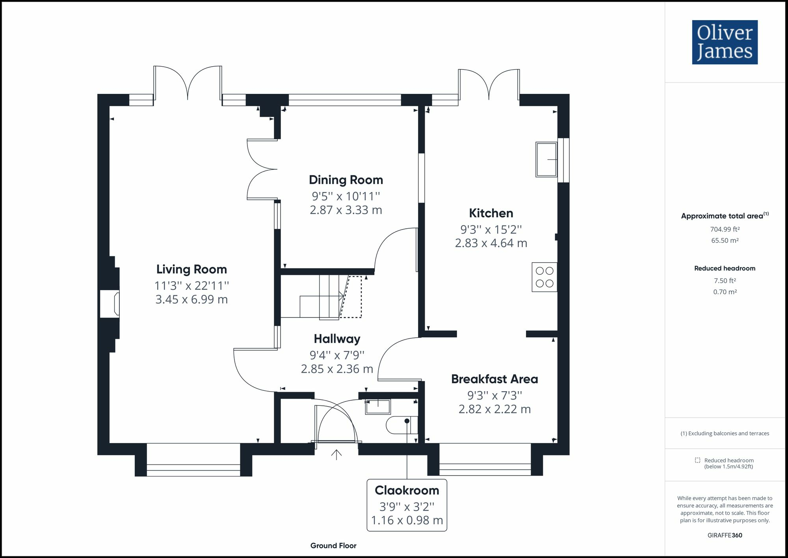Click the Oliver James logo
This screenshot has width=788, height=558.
[x=725, y=42]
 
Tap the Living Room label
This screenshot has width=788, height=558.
[x=191, y=269]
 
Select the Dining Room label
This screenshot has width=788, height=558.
[x=346, y=180]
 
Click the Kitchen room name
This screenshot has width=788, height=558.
[x=491, y=213]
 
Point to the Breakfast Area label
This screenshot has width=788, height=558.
[x=494, y=379]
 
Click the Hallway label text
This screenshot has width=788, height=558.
[x=337, y=339]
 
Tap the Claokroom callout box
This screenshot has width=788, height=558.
[x=407, y=505]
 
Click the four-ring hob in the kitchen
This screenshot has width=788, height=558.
[x=545, y=277]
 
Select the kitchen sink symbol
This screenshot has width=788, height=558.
[x=546, y=159]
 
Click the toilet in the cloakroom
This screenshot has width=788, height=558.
[x=401, y=425]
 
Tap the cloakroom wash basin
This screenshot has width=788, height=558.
[x=378, y=407]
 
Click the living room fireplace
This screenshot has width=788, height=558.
[x=110, y=304]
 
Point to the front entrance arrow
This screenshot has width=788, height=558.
[x=336, y=455]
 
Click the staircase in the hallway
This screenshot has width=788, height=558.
[x=321, y=297]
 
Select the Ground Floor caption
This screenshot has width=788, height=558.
[x=333, y=546]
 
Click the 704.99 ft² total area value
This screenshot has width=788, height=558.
[x=725, y=229]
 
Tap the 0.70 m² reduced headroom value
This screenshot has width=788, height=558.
[x=725, y=292]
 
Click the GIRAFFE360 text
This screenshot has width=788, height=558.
[x=725, y=535]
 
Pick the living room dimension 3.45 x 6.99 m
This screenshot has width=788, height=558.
[x=191, y=299]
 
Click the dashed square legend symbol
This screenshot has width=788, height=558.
[x=697, y=460]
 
